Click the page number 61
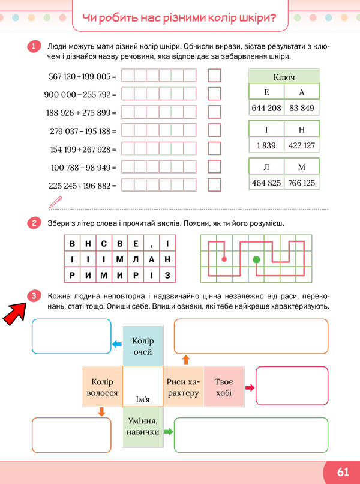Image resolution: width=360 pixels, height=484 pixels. pos(343,472)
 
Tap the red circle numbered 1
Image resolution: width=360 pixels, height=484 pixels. pos(34,47)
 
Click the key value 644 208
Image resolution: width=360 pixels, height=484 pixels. pos(266,108)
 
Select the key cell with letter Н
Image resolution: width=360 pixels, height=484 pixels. pos(302,129)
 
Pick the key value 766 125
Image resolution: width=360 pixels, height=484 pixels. pos(302,183)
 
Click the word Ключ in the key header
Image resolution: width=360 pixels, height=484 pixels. pos(284,77)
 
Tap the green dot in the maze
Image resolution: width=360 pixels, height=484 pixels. pos(256,259)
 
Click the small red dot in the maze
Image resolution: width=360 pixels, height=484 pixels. pos(224,259)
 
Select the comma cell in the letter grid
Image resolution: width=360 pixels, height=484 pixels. pos(151,243)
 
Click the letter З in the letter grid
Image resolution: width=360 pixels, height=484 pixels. pos(167,275)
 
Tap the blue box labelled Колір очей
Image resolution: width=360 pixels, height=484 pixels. pos(143,346)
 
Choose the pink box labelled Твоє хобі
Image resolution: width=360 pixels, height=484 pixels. pos(224,387)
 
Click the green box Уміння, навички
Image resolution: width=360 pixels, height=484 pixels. pos(143,426)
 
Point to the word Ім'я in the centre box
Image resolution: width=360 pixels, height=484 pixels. pos(143,399)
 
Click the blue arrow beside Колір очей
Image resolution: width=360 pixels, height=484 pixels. pos(117,344)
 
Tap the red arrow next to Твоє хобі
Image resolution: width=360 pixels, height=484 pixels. pos(250,387)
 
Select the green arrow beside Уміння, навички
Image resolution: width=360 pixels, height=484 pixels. pos(168,432)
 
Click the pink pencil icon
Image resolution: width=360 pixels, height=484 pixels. pos(56,202)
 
